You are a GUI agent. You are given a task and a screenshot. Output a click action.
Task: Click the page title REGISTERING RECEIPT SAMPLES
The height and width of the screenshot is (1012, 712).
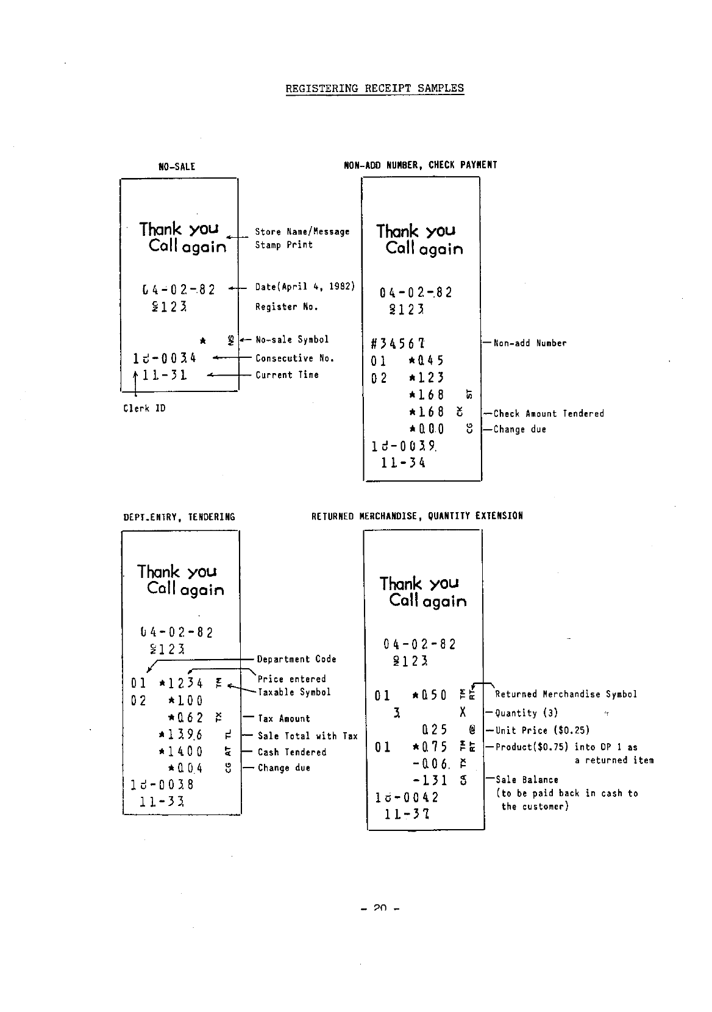tap(374, 88)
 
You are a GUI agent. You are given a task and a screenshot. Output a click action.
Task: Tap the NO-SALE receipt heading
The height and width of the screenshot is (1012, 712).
tap(177, 166)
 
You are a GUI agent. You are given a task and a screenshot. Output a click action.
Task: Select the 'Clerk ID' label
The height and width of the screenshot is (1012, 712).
tap(144, 408)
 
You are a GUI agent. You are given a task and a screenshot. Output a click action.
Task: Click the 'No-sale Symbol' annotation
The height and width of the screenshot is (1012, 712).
tap(291, 340)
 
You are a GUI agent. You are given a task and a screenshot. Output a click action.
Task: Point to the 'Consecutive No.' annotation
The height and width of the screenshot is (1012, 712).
tap(294, 358)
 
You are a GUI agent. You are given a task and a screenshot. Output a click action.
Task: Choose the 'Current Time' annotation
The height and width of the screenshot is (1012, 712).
tap(287, 375)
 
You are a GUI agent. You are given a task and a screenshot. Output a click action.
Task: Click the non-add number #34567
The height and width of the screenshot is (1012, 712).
tap(397, 343)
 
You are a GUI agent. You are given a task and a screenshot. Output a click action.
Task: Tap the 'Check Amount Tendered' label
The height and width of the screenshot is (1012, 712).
tap(549, 414)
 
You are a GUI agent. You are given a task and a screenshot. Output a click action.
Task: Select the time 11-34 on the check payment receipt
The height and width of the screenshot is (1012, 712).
tap(403, 463)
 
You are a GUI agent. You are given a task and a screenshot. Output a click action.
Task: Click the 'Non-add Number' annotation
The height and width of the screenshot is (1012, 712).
tap(530, 343)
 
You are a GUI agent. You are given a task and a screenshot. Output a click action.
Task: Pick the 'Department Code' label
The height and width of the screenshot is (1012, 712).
tap(296, 659)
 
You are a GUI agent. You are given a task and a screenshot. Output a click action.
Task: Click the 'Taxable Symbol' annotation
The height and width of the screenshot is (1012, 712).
tap(294, 693)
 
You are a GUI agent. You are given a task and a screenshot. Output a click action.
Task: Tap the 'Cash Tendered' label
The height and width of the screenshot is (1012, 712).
tap(291, 752)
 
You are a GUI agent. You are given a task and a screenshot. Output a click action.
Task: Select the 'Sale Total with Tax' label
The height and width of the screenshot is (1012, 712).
tap(307, 736)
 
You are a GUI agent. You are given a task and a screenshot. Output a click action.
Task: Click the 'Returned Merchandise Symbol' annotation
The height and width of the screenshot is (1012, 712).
tap(566, 694)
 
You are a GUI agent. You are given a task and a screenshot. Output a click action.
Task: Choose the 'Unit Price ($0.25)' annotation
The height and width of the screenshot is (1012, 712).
tap(542, 730)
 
